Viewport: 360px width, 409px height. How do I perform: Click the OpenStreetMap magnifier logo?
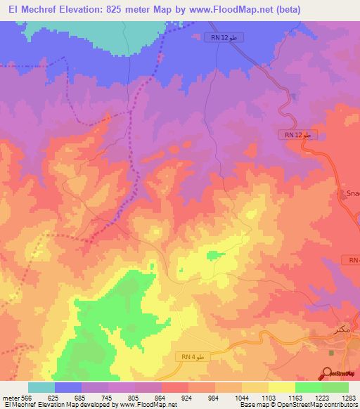pos(327,374)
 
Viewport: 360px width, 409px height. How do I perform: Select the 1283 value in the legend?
pos(349,397)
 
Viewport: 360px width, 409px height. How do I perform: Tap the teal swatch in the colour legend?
pos(41,387)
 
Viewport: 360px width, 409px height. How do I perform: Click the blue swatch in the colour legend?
pos(68,387)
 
